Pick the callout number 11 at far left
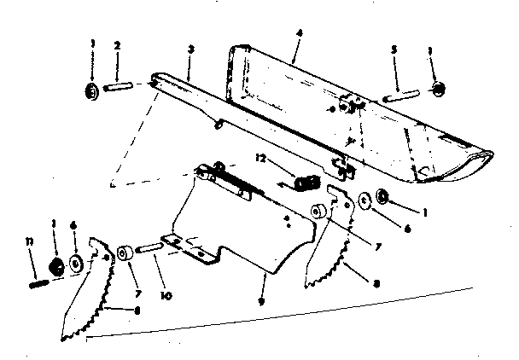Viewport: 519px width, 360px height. click(x=30, y=244)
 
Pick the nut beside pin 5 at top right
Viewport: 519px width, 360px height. click(x=436, y=88)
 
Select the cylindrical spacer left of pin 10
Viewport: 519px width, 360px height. click(x=125, y=253)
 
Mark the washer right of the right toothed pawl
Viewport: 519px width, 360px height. click(x=365, y=201)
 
